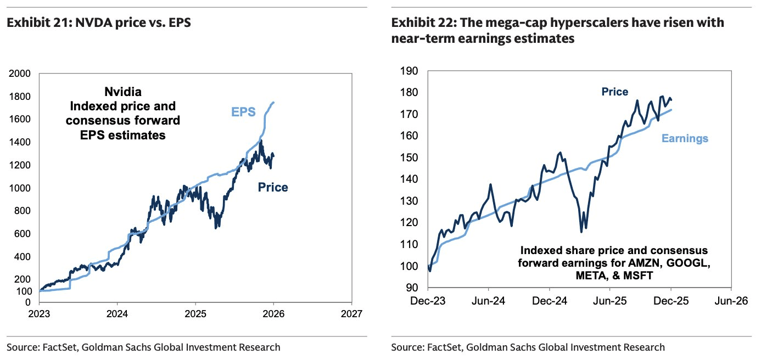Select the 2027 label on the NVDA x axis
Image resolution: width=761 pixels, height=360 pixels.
coord(351,314)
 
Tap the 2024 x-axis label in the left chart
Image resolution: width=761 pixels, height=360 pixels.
coord(117,314)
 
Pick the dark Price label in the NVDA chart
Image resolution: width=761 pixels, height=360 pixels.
coord(273,188)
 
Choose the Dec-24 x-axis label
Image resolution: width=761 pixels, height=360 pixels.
coord(549,301)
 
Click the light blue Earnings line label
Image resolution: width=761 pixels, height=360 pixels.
coord(685,139)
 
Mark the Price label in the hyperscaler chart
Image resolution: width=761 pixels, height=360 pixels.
coord(615,92)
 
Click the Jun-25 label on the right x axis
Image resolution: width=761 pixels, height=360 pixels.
coord(610,301)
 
